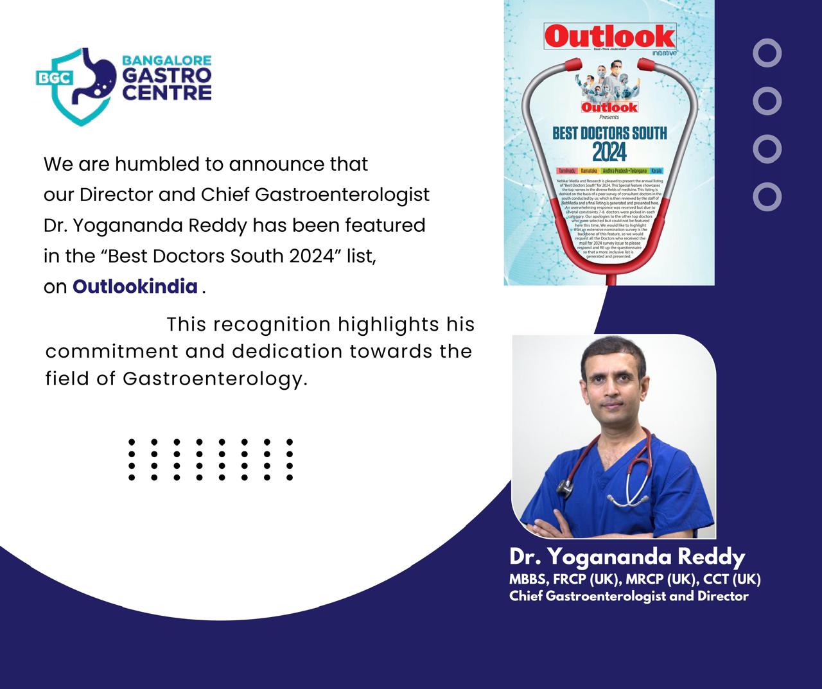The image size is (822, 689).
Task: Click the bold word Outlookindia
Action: click(135, 286)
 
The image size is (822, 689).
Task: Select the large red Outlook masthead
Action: click(609, 37)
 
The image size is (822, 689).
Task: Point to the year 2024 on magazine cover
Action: click(609, 153)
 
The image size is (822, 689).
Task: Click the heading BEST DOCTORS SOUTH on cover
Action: click(609, 134)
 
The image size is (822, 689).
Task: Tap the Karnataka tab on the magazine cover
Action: click(589, 171)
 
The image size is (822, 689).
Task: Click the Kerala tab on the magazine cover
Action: click(656, 171)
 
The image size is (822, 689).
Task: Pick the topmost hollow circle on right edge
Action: click(767, 53)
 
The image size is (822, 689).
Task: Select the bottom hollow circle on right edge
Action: click(767, 196)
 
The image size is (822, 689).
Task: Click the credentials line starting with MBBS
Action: click(634, 579)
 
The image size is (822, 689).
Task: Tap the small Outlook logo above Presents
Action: click(609, 107)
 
